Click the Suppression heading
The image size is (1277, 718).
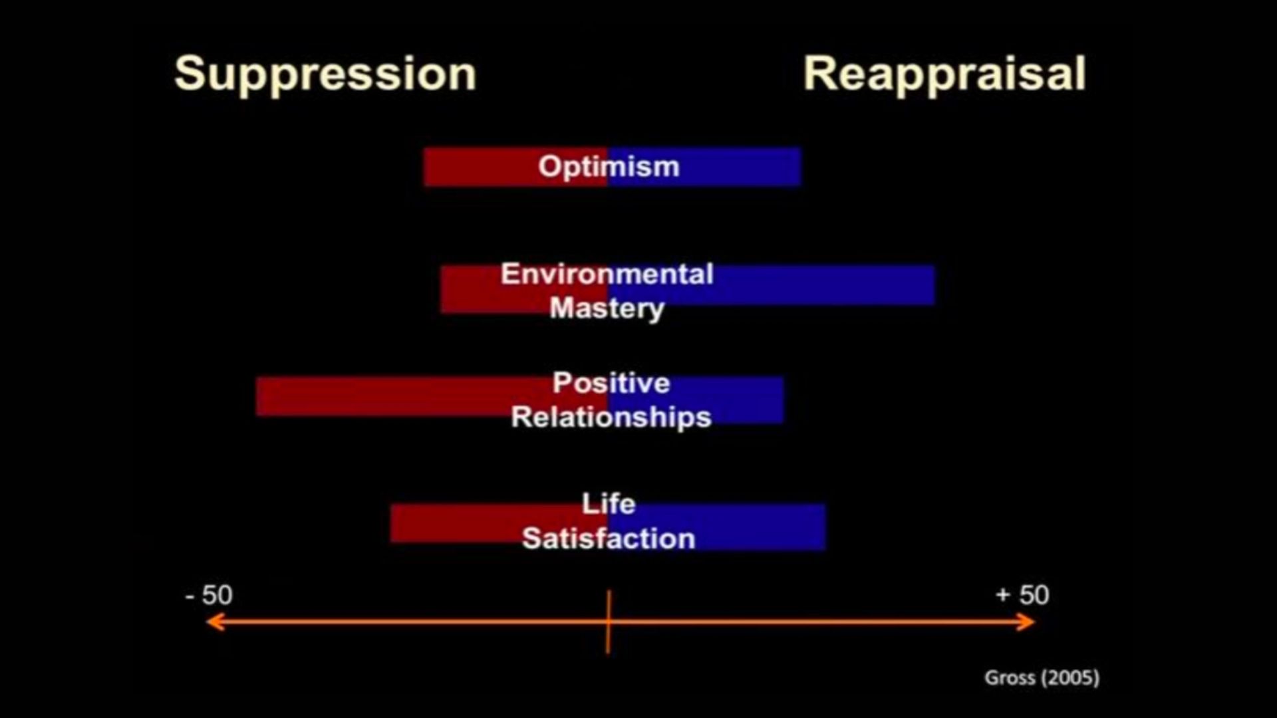[x=325, y=74]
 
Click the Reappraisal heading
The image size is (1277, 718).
[x=944, y=74]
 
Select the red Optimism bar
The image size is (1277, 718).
[x=515, y=167]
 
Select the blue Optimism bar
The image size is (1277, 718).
[x=704, y=167]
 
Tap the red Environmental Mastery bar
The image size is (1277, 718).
[x=524, y=289]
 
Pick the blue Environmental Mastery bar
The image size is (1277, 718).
[x=772, y=285]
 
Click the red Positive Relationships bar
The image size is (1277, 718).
[x=432, y=396]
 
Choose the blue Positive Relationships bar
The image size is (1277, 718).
[x=696, y=400]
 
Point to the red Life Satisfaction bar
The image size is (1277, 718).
[x=499, y=523]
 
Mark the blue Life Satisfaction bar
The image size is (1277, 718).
[x=717, y=527]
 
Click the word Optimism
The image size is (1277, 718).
[x=609, y=167]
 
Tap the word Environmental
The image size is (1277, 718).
[x=607, y=274]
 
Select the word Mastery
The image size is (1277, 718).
[x=607, y=309]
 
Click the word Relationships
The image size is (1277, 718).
[x=611, y=418]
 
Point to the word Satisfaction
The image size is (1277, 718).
[x=609, y=538]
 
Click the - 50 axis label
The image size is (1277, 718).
[x=209, y=595]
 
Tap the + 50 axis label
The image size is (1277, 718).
[x=1022, y=595]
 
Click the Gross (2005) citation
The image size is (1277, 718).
[x=1042, y=678]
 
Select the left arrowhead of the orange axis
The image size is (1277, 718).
[x=214, y=622]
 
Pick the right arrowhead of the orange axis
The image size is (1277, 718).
[x=1027, y=622]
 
